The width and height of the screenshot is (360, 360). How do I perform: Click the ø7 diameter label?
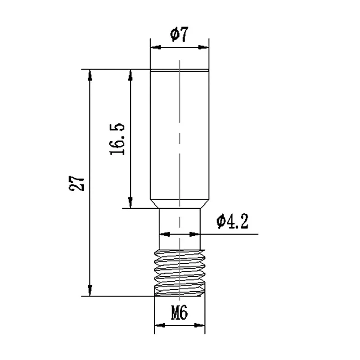coord(179,35)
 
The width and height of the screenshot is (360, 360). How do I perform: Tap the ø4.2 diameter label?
coord(233,222)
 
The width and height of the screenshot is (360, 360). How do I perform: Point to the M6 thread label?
coord(179,313)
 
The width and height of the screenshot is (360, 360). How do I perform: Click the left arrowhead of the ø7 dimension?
coord(154,46)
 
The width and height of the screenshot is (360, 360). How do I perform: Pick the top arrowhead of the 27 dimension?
coord(90,74)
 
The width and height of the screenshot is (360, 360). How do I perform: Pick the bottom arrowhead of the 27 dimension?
coord(90,291)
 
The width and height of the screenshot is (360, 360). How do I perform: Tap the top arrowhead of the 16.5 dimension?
coord(130,74)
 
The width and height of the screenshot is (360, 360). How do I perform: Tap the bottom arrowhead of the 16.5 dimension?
coord(130,203)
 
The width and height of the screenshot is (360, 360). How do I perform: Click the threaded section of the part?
coord(179,272)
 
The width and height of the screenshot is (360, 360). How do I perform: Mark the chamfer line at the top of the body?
coord(179,71)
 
